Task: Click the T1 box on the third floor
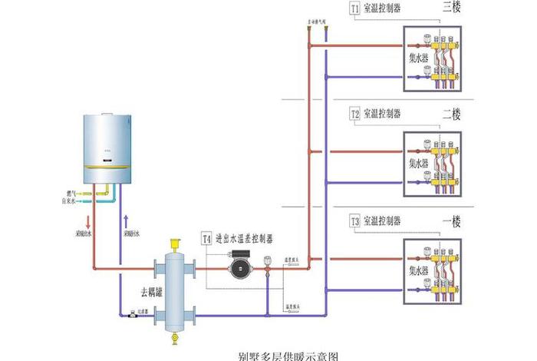coord(354,9)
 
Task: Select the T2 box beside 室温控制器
coord(354,114)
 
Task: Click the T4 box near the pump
coord(206,239)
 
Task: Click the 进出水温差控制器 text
coord(244,239)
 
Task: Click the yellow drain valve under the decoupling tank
coord(176,336)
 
